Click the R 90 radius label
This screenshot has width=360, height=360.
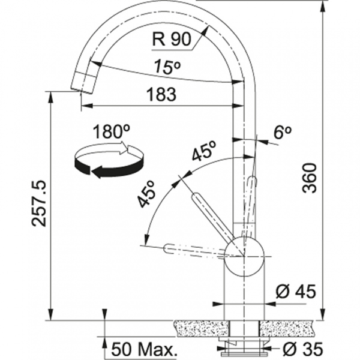click(x=172, y=39)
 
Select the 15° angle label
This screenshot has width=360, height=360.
click(x=167, y=67)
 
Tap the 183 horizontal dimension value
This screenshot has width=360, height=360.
click(x=161, y=94)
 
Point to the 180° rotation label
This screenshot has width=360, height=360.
click(x=112, y=131)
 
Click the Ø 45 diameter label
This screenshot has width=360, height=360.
click(x=296, y=292)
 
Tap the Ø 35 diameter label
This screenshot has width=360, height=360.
click(x=303, y=349)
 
